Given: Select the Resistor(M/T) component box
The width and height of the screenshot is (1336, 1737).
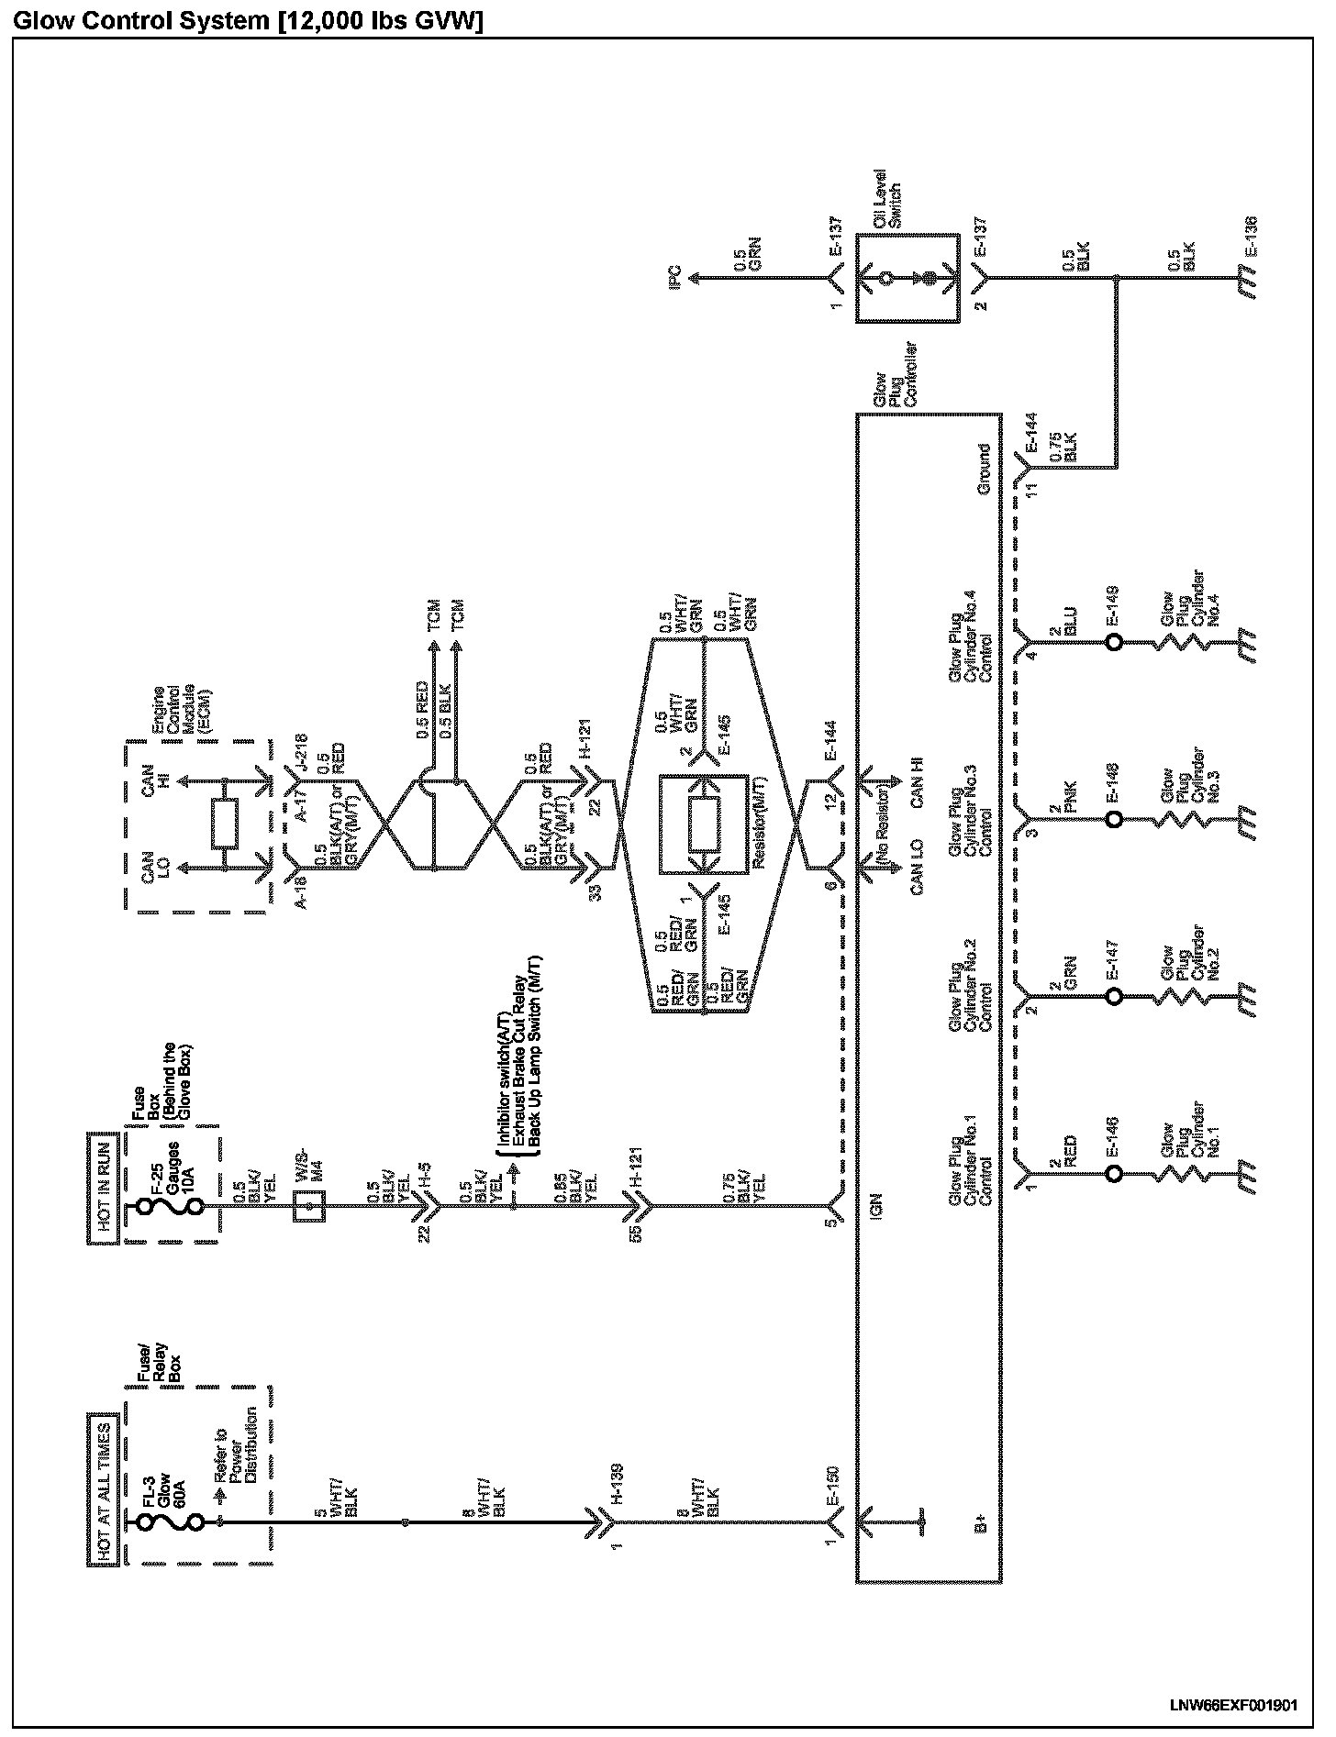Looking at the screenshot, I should [x=705, y=823].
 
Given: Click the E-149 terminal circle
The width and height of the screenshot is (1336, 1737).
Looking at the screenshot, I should [x=1113, y=642].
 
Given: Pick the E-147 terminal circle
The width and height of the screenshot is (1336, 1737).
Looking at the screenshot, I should [x=1113, y=996].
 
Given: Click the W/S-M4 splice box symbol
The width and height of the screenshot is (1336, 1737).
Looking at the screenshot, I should [x=308, y=1207].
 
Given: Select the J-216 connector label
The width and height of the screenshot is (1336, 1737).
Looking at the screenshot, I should [x=300, y=754].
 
